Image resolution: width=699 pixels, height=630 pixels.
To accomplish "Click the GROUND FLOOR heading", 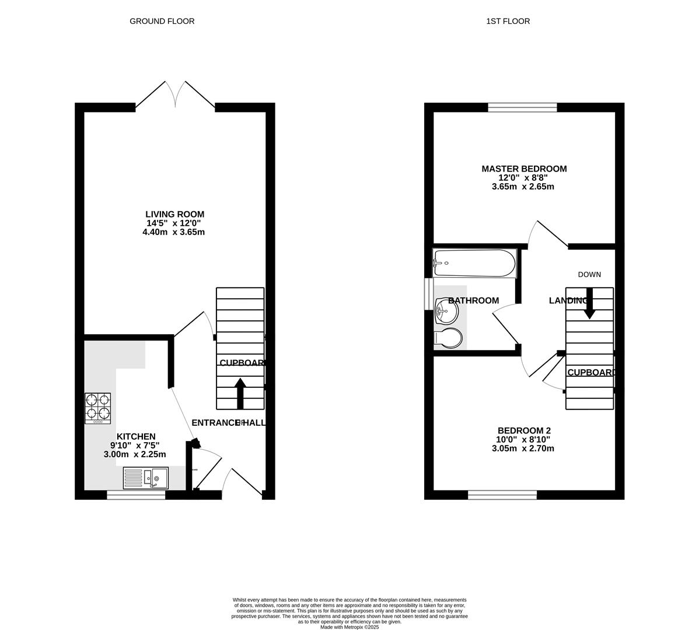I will click(162, 21).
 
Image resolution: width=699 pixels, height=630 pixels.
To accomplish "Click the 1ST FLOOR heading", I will click(508, 21).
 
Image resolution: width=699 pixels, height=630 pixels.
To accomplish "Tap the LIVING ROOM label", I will click(174, 214).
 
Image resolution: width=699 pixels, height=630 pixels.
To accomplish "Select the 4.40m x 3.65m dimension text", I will click(173, 232).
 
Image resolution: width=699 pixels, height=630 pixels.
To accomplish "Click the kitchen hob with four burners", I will click(98, 408).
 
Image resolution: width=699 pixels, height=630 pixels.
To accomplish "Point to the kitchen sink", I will click(146, 478).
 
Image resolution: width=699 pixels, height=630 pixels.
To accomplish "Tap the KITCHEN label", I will click(136, 436).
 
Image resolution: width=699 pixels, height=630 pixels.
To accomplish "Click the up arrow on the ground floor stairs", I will click(240, 393).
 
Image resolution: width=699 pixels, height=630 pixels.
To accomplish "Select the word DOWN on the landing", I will click(589, 274).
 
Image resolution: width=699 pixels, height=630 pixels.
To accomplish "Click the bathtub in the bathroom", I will click(474, 264).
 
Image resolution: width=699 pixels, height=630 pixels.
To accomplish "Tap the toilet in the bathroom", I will click(448, 338).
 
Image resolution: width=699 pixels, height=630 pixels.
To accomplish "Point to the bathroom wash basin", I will click(446, 311).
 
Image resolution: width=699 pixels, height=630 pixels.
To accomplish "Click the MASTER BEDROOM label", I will click(524, 169).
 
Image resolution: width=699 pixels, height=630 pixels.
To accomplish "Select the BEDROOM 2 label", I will click(523, 430).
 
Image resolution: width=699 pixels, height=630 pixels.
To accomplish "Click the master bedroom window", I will click(523, 107).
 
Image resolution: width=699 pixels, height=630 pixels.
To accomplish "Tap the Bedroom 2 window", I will click(502, 495).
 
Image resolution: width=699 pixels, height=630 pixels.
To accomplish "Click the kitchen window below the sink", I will click(136, 495).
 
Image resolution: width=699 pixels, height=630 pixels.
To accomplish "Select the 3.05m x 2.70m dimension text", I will click(523, 449).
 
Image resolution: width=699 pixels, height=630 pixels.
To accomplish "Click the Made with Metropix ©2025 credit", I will click(349, 627).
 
